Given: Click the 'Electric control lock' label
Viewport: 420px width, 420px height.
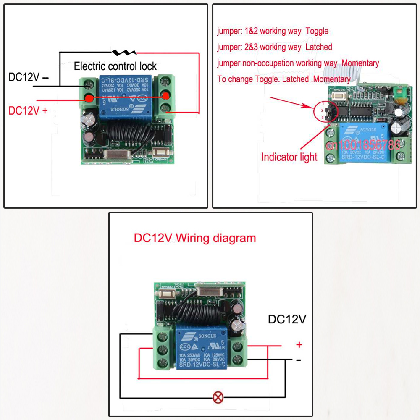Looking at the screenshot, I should point(115,66).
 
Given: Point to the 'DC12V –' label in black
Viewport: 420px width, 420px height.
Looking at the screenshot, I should point(29,77).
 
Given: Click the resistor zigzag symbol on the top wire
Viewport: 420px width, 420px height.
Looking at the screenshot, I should point(124,53).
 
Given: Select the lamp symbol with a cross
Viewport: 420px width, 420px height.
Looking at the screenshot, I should point(218,397).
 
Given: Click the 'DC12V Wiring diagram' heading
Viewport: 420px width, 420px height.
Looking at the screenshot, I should point(194,238).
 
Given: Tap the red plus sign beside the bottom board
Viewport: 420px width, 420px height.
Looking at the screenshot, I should point(299,345).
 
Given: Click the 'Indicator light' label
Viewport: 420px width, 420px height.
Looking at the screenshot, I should point(289,157).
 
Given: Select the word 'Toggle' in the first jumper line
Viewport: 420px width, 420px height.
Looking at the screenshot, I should point(317,31).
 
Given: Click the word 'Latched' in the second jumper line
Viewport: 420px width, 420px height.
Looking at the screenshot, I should point(319,47).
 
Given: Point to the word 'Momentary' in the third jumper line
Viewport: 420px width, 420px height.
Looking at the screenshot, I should point(360,63).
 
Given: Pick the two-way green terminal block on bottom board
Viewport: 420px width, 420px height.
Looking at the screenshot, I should point(238,353).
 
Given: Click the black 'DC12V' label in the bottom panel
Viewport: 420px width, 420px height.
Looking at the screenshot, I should point(287,320).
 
